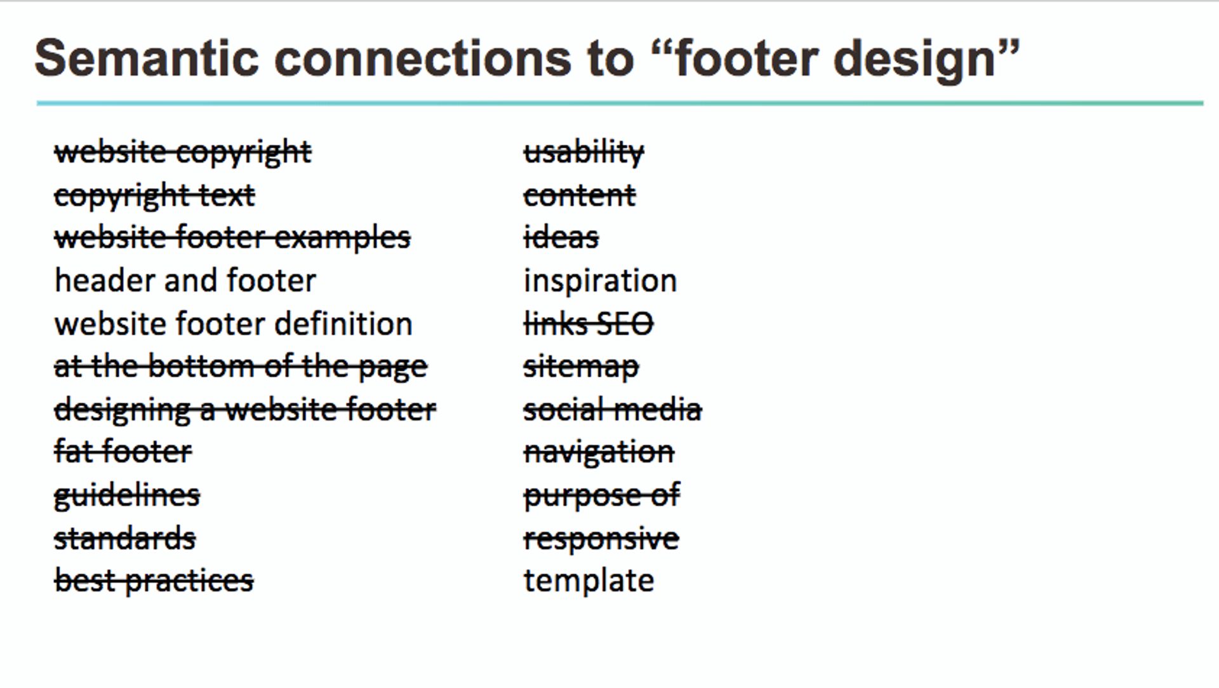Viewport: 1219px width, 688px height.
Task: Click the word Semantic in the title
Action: coord(147,58)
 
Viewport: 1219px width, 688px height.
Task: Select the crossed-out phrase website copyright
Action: coord(183,152)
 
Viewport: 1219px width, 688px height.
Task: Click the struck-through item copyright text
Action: coord(154,196)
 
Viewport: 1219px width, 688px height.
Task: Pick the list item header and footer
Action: coord(185,281)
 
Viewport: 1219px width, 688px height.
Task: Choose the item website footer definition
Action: coord(234,324)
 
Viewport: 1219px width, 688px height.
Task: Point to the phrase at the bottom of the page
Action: coord(241,367)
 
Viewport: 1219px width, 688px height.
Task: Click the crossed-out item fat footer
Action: coord(123,452)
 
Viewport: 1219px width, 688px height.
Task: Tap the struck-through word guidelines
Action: coord(127,496)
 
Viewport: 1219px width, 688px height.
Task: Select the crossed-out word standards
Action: coord(124,539)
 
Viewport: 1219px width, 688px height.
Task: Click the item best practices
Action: coord(154,581)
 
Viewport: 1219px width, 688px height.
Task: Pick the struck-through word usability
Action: coord(583,152)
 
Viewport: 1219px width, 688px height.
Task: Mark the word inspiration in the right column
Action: coord(600,281)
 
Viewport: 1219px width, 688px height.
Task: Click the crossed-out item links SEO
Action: coord(588,324)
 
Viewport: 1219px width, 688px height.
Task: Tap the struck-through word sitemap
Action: coord(581,367)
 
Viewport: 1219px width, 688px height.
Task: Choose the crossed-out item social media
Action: coord(613,410)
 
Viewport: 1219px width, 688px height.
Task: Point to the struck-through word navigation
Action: coord(599,452)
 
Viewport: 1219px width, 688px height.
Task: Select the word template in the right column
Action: coord(589,581)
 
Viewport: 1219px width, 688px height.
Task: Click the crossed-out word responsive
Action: coord(601,539)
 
